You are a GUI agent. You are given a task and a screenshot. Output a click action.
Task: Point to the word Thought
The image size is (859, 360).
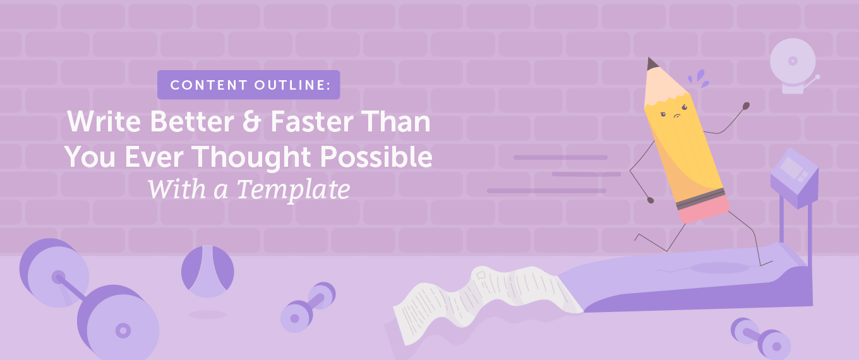[x=266, y=157]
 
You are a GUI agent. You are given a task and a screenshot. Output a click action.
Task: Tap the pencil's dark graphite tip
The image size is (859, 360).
[x=651, y=64]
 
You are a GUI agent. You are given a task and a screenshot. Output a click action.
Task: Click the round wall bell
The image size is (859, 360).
[x=792, y=61]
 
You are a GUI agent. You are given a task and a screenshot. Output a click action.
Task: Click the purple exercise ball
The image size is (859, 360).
[x=208, y=272]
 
